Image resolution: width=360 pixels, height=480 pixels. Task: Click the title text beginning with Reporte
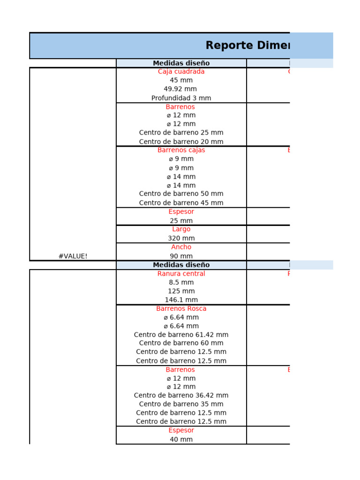(247, 45)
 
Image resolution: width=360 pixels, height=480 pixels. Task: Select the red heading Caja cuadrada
(181, 72)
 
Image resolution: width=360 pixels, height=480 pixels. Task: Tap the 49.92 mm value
(181, 89)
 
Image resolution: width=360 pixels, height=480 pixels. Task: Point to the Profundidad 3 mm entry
(181, 98)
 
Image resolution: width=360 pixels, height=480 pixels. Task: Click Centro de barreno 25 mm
(181, 133)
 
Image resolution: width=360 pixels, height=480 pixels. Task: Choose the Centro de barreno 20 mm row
(181, 142)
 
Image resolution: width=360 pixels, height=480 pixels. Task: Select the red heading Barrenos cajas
(181, 150)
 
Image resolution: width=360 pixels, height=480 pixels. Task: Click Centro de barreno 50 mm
(181, 194)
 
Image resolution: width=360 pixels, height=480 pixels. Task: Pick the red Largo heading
(181, 229)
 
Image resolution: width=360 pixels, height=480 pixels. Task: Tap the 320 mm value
(181, 238)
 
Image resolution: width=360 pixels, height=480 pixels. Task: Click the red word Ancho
(181, 247)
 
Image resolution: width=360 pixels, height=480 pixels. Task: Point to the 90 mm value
(181, 256)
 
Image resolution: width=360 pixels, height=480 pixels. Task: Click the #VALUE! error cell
(73, 256)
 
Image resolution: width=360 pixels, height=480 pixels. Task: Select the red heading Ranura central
(181, 274)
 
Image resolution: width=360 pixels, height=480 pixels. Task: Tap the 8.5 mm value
(181, 282)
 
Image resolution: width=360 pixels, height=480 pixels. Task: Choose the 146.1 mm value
(181, 300)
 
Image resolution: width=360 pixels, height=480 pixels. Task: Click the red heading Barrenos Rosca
(181, 308)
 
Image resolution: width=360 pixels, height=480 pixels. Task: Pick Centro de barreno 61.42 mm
(181, 335)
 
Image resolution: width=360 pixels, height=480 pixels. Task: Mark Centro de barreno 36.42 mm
(181, 395)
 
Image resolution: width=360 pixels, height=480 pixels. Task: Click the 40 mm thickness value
(181, 439)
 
